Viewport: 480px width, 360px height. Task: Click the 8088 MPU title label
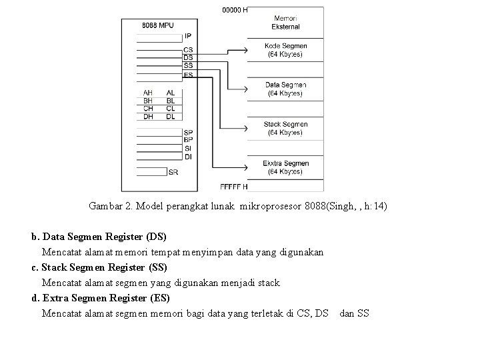(157, 26)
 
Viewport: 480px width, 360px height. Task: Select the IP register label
(188, 36)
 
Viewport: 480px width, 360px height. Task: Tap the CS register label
(188, 50)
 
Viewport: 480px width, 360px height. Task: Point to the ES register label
(188, 75)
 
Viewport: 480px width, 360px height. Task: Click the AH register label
(149, 92)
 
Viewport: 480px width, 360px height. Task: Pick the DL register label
(171, 116)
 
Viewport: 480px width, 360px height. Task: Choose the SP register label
(188, 133)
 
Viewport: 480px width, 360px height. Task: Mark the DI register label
(188, 157)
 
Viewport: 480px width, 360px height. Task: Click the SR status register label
(173, 172)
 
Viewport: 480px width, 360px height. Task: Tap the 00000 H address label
(235, 10)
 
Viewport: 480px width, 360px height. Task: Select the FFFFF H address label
(233, 186)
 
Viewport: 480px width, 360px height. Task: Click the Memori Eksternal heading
(285, 22)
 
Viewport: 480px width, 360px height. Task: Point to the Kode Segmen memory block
(285, 50)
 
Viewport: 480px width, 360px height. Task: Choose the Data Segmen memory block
(285, 89)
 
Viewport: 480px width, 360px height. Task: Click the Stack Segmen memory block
(285, 129)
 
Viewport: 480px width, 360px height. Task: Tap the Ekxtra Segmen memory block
(285, 168)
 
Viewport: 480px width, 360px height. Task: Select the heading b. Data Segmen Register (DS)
(99, 237)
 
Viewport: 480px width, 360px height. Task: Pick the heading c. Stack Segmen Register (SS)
(101, 267)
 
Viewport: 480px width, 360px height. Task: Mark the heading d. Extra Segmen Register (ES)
(101, 298)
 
